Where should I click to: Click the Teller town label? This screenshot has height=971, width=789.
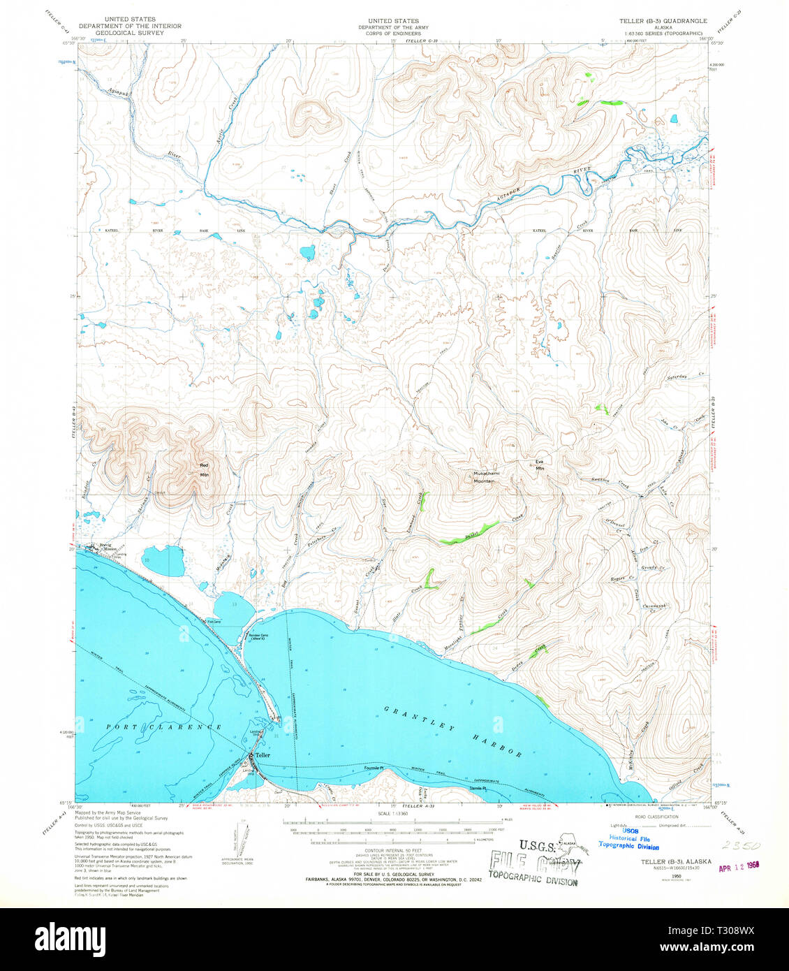point(262,755)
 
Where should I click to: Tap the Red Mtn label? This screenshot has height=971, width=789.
point(205,470)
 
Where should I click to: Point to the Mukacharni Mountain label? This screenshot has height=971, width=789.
point(484,477)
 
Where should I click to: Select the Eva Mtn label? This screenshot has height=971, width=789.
point(539,465)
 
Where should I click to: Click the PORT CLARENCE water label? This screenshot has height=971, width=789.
point(164,727)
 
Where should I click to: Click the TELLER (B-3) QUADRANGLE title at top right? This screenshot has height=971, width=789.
point(663,22)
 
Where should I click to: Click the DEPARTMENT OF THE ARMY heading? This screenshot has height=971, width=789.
point(394,27)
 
